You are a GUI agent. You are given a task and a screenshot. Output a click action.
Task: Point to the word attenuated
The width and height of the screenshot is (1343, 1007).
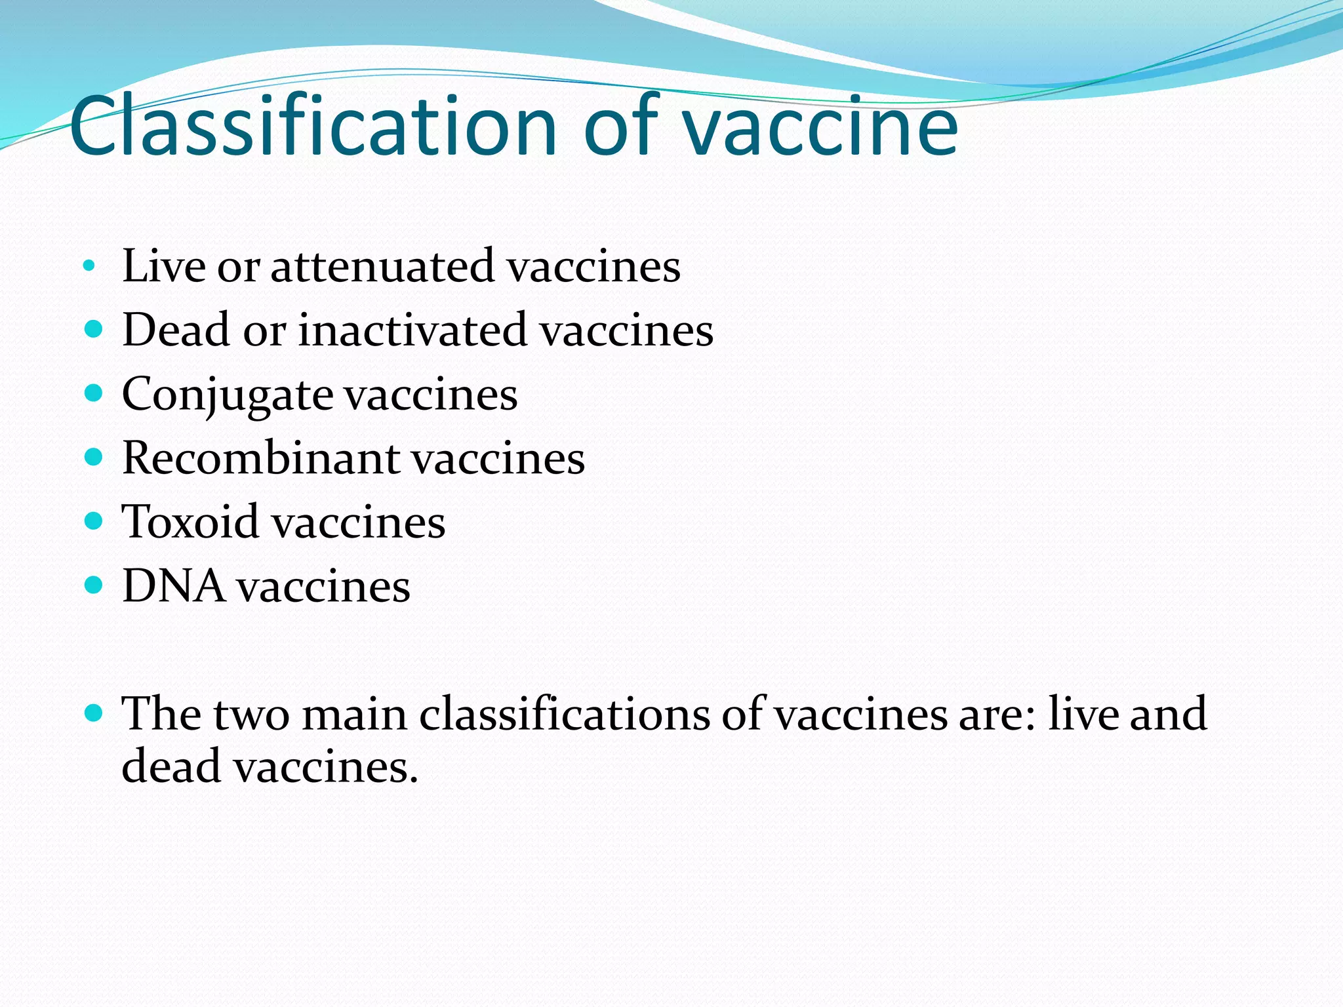382,266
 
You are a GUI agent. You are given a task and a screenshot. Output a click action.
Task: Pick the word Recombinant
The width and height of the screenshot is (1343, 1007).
261,458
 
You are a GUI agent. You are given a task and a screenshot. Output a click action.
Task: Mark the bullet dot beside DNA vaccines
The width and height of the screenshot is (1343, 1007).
94,584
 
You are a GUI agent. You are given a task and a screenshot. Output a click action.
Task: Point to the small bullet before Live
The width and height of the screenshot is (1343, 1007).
89,266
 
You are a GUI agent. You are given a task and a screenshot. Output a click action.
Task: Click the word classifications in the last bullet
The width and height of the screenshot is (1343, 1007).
565,713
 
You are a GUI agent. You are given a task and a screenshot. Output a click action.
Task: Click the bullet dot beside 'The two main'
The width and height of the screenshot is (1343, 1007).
94,713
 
